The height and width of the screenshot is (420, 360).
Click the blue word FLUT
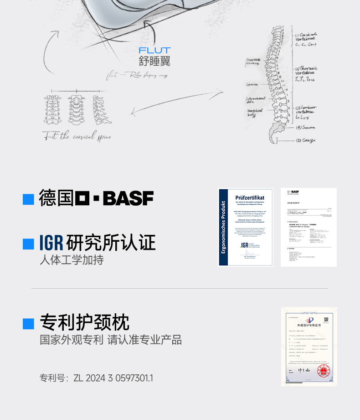[x=155, y=51]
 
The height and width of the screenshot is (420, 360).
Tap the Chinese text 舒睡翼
[x=154, y=61]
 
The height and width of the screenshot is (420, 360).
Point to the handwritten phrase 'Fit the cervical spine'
[x=77, y=136]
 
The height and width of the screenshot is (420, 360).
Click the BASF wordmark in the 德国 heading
[x=128, y=198]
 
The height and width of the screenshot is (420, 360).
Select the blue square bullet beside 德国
[x=29, y=199]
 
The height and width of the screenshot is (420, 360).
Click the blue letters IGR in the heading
[x=51, y=243]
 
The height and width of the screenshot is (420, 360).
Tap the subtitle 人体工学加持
[x=72, y=260]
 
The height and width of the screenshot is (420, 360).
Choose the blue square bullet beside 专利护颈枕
[x=29, y=323]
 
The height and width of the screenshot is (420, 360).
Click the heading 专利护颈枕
[x=85, y=323]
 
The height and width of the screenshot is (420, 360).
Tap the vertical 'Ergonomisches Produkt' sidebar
[x=223, y=227]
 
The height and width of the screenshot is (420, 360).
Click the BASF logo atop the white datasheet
[x=293, y=192]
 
